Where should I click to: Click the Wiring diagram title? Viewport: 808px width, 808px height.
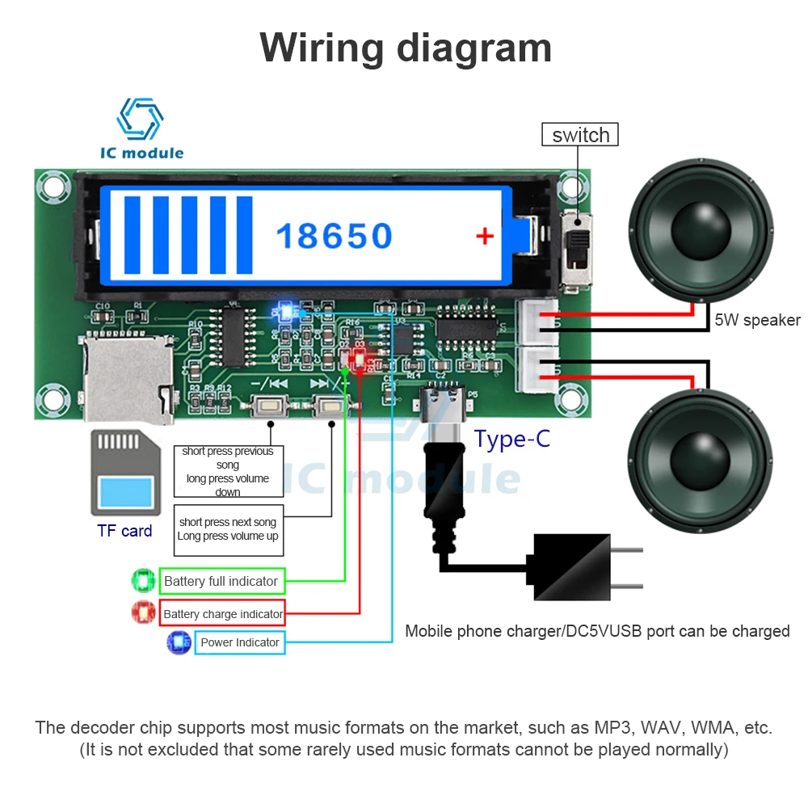(x=406, y=48)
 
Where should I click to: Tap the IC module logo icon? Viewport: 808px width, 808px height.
(x=141, y=119)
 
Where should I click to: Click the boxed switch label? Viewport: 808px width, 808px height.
(x=580, y=135)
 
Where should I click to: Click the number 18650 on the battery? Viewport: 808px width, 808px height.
(x=335, y=236)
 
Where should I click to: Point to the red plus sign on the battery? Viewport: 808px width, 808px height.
(x=485, y=236)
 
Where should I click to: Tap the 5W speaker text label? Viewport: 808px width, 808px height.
(x=757, y=321)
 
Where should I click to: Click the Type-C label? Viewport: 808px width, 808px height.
(x=511, y=440)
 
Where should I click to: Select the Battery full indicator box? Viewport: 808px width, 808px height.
(x=221, y=582)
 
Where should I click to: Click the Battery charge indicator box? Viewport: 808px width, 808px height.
(x=223, y=614)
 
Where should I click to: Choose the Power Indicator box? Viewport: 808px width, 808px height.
(x=239, y=643)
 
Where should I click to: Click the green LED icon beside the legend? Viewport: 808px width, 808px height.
(x=144, y=581)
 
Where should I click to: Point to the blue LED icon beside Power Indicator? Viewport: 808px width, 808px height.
(x=178, y=642)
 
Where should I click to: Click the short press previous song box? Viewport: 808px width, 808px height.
(x=227, y=472)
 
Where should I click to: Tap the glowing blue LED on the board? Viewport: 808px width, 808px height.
(x=283, y=311)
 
